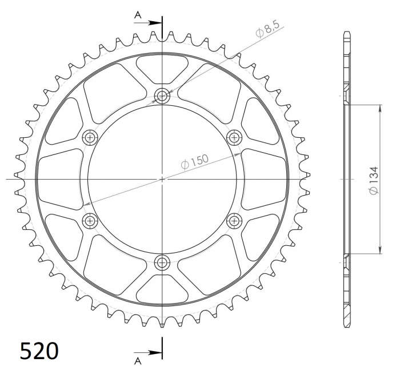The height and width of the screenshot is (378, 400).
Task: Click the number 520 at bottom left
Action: [39, 350]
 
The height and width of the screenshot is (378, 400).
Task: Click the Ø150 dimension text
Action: [195, 162]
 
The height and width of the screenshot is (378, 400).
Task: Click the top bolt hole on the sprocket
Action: [163, 96]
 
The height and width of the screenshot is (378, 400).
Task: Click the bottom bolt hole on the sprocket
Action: [163, 262]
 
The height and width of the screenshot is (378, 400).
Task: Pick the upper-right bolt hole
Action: [234, 137]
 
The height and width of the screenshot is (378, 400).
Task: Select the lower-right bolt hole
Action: [234, 221]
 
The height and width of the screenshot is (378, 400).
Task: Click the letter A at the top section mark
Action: [138, 15]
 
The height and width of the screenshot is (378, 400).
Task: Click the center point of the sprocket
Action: [163, 179]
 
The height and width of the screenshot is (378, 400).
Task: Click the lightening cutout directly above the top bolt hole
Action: [163, 67]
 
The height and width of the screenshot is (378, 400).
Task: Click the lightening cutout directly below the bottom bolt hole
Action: [163, 291]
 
